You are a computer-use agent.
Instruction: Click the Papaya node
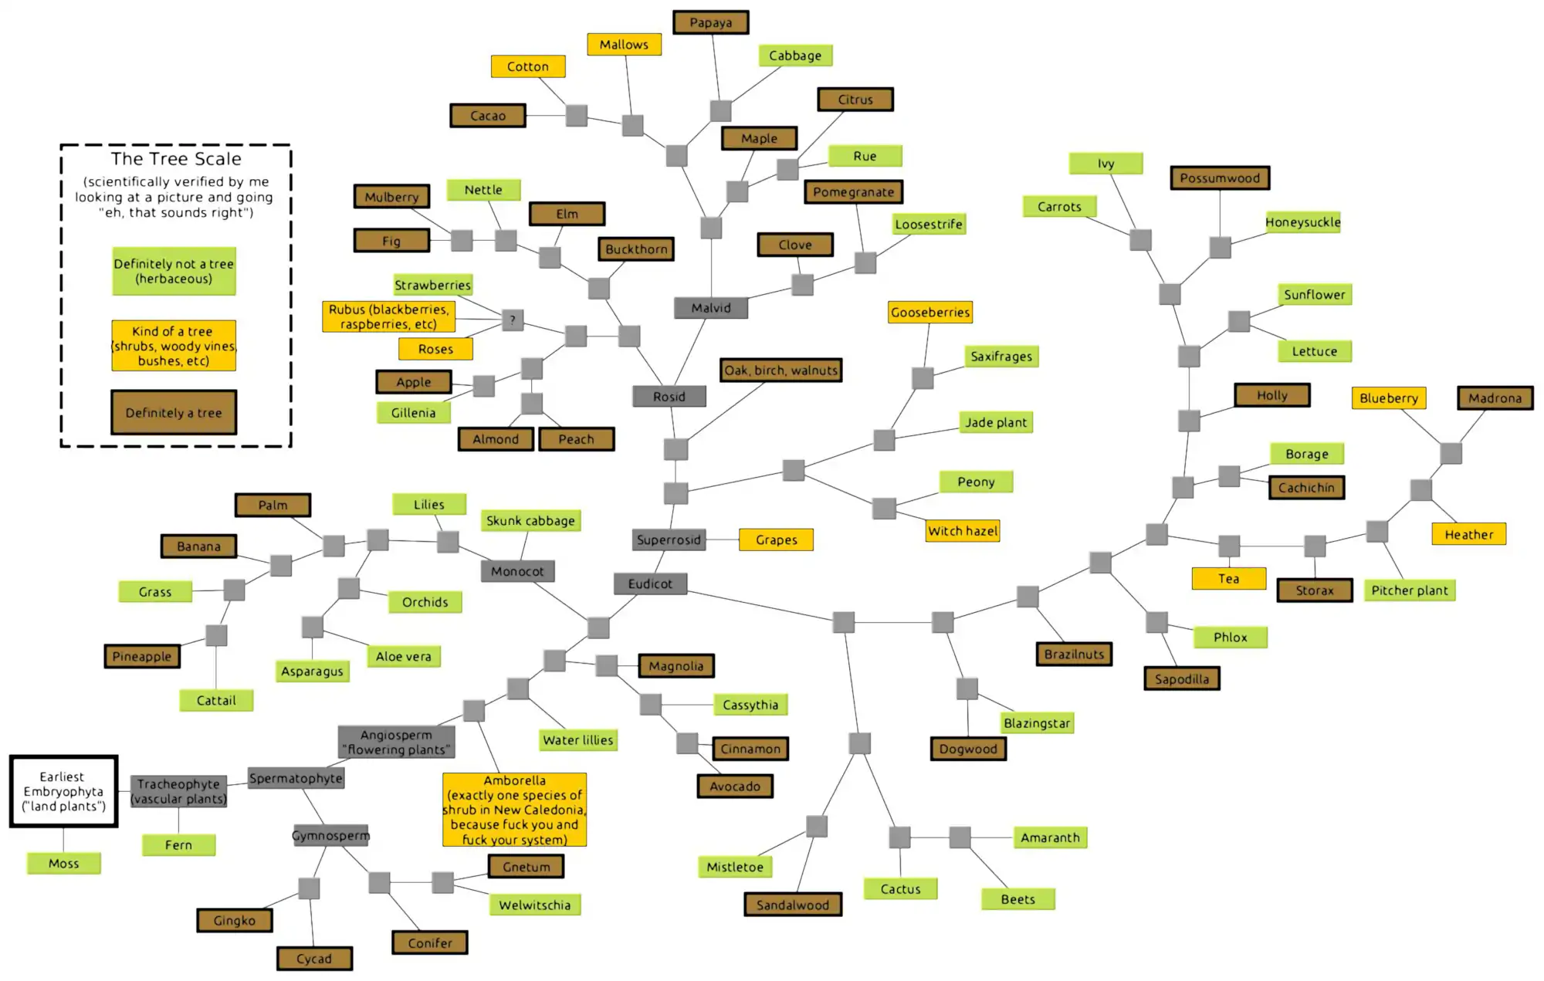click(x=710, y=22)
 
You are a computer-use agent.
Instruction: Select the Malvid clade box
click(x=711, y=308)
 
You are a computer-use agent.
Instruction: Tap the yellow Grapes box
click(x=776, y=540)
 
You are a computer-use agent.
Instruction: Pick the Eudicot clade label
click(x=650, y=584)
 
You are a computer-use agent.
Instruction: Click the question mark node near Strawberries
click(x=513, y=320)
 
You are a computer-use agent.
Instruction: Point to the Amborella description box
click(x=514, y=810)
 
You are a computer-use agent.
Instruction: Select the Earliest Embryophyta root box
click(x=63, y=791)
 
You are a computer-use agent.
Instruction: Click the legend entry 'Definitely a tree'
click(x=174, y=412)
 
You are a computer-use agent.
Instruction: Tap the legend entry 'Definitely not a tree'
click(x=174, y=271)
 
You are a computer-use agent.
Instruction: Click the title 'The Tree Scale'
click(x=176, y=159)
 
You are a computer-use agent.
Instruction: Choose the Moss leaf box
click(x=63, y=863)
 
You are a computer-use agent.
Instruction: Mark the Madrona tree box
click(x=1495, y=398)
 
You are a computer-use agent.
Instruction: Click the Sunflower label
click(x=1314, y=294)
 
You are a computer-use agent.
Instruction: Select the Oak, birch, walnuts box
click(x=780, y=370)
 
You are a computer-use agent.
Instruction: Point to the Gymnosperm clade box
click(x=331, y=835)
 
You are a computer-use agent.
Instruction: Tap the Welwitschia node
click(x=534, y=905)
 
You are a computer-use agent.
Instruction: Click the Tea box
click(x=1228, y=578)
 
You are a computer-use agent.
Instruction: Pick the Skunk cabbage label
click(x=530, y=521)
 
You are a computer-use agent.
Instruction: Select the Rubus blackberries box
click(x=388, y=316)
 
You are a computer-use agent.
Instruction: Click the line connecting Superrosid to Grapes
click(x=723, y=540)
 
